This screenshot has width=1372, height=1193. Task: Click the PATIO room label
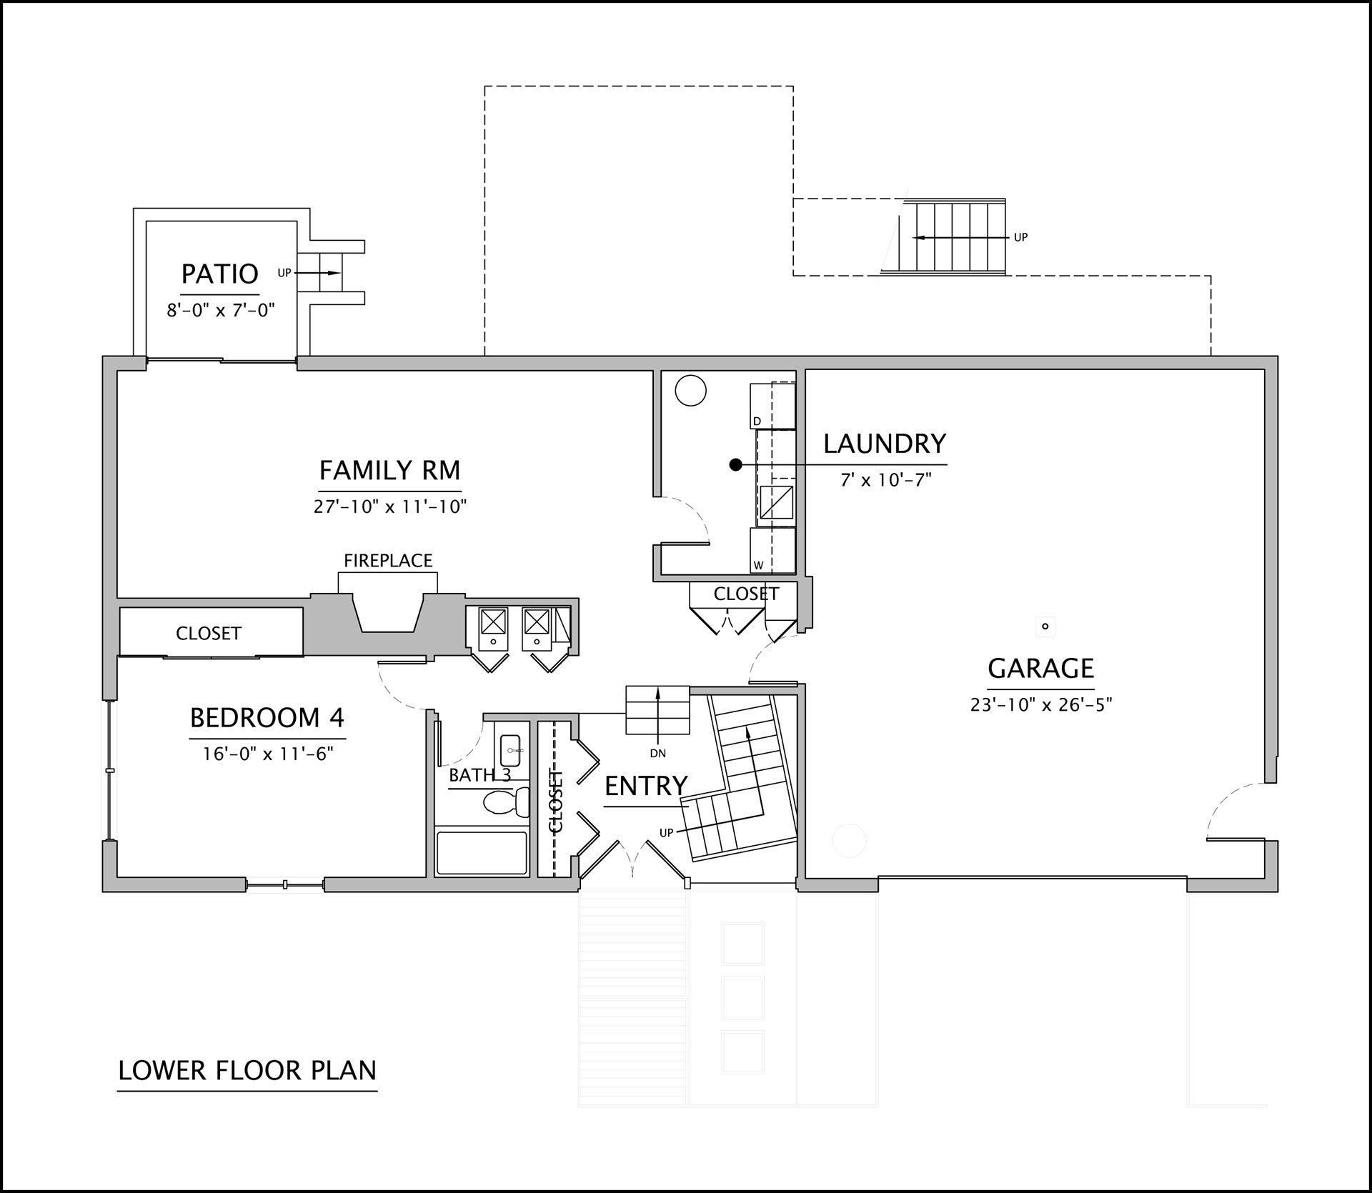point(219,274)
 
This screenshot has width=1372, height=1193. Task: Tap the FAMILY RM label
point(389,471)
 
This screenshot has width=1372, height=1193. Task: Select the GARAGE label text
point(1040,668)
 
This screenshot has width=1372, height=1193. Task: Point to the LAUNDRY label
point(885,444)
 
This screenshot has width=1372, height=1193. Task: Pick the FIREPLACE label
point(388,561)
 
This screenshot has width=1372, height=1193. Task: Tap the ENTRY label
point(646,786)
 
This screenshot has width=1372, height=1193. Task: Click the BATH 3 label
point(479,775)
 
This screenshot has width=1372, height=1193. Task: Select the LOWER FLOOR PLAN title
point(247,1070)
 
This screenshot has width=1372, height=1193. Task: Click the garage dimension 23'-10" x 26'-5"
point(1041,705)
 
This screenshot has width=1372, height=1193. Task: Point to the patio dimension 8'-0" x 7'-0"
point(221,311)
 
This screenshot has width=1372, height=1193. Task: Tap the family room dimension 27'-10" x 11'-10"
point(390,507)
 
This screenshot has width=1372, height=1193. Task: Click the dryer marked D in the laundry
point(772,406)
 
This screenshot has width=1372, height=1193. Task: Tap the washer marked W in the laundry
point(772,550)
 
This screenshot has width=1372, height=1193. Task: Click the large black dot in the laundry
point(735,465)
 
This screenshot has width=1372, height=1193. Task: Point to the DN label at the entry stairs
point(657,753)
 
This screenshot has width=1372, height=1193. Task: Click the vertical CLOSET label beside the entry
point(556,801)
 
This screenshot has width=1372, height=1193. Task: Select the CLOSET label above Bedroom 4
point(209,633)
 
